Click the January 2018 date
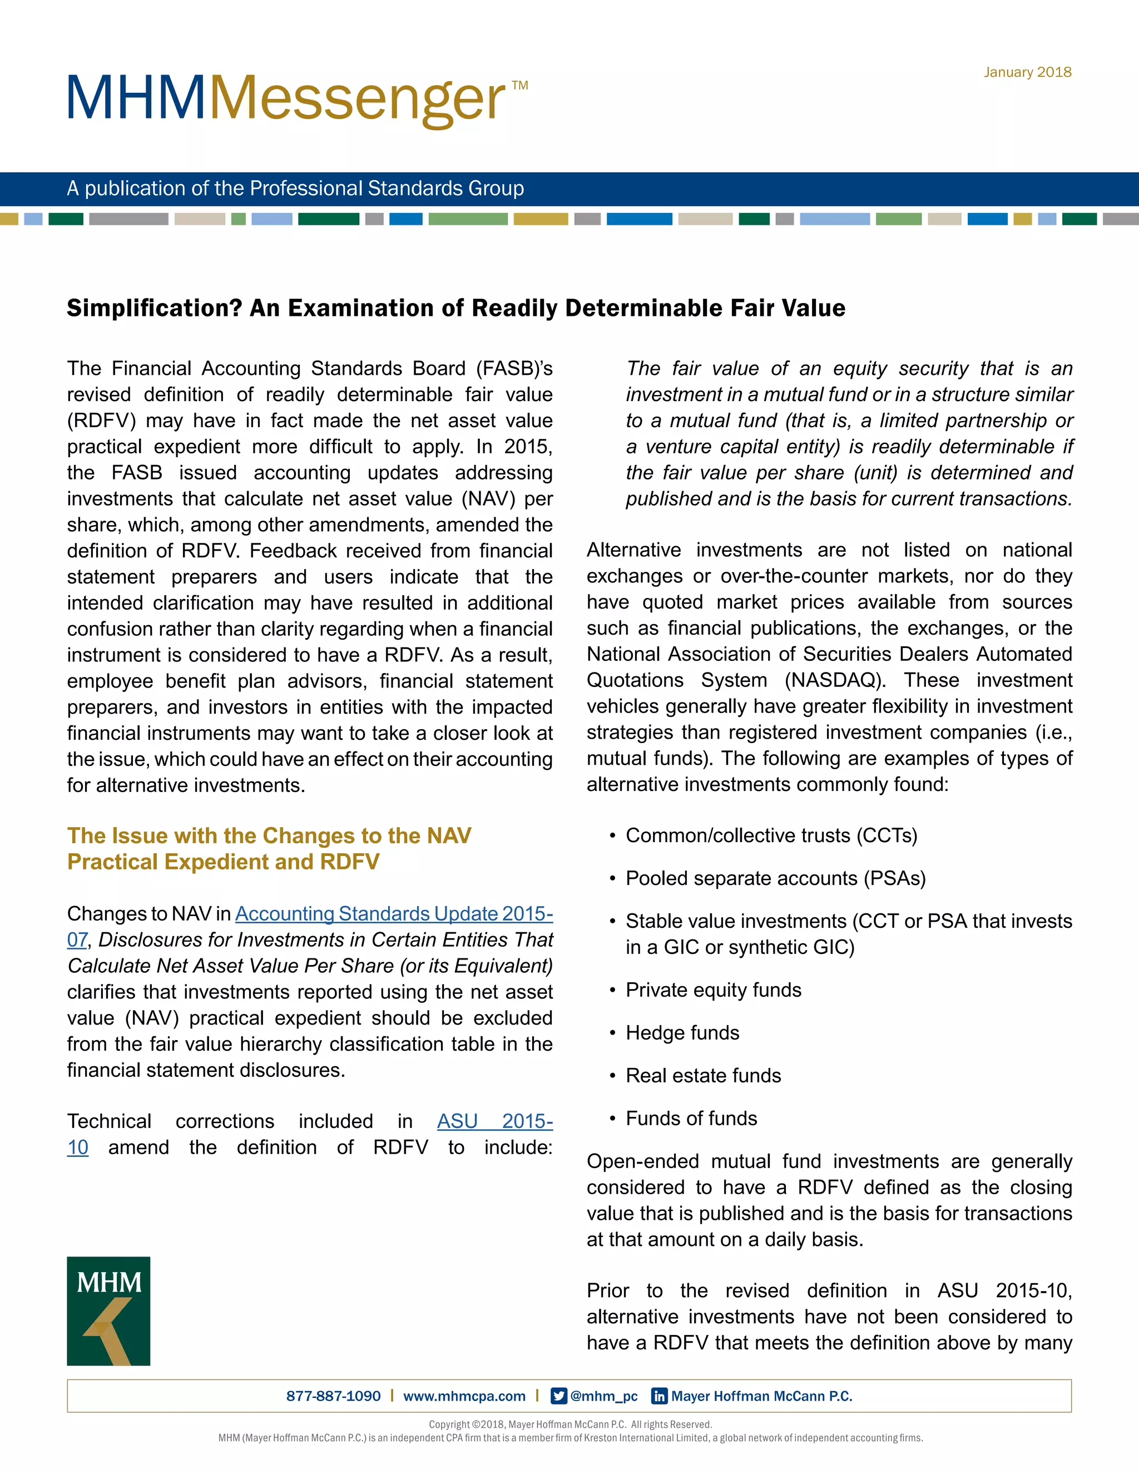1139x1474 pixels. pyautogui.click(x=1027, y=72)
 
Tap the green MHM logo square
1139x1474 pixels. pyautogui.click(x=108, y=1310)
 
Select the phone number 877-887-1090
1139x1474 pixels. pyautogui.click(x=333, y=1396)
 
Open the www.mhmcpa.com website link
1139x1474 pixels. pyautogui.click(x=464, y=1396)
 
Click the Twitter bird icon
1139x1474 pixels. pyautogui.click(x=559, y=1396)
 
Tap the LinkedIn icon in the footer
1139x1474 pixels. pyautogui.click(x=659, y=1396)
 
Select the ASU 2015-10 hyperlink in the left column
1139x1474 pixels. pyautogui.click(x=494, y=1121)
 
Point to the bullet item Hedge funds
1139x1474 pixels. pyautogui.click(x=682, y=1032)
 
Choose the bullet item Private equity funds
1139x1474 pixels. pyautogui.click(x=713, y=990)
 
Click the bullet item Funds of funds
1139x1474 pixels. pyautogui.click(x=691, y=1119)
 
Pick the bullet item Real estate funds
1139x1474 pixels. pyautogui.click(x=703, y=1076)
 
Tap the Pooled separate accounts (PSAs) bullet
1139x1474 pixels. pyautogui.click(x=775, y=878)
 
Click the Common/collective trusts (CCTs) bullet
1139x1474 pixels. pyautogui.click(x=771, y=835)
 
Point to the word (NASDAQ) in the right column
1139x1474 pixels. pyautogui.click(x=835, y=680)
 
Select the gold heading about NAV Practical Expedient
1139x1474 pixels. pyautogui.click(x=269, y=848)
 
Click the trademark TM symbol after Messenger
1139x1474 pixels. pyautogui.click(x=519, y=86)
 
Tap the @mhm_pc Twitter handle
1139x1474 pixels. pyautogui.click(x=603, y=1396)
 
